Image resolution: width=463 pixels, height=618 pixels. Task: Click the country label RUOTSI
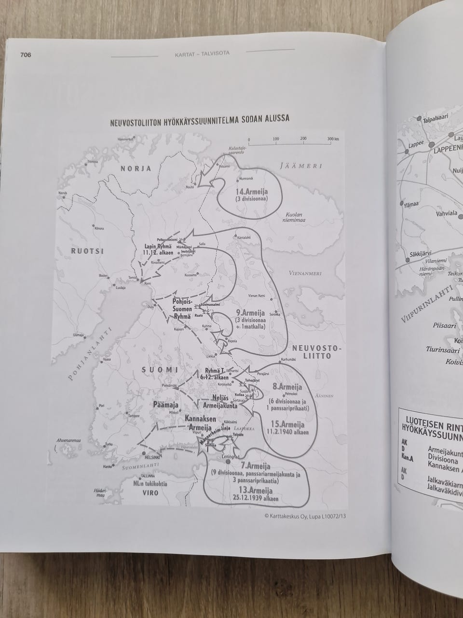84,251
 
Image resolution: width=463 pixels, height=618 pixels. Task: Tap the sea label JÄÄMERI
300,166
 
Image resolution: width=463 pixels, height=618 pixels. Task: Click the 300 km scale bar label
333,139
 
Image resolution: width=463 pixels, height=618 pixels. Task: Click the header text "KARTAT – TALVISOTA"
202,54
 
